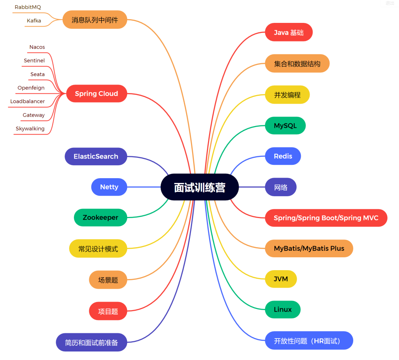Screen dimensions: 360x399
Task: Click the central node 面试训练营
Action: tap(199, 187)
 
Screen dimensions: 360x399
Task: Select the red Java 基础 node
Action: tap(289, 33)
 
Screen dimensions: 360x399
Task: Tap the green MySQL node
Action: tap(285, 126)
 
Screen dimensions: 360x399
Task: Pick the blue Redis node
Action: tap(283, 156)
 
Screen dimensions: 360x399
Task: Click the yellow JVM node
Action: tap(281, 279)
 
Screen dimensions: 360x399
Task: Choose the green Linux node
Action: tap(283, 309)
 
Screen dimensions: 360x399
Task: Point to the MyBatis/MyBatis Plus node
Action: tap(309, 248)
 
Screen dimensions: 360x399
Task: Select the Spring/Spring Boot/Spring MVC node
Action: tap(326, 218)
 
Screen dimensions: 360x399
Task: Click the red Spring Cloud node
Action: tap(96, 94)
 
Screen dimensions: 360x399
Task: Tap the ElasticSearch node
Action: tap(96, 156)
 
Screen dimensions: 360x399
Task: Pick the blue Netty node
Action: tap(109, 187)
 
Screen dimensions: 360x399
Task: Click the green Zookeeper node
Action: tap(100, 218)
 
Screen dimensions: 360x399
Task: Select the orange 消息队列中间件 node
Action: tap(95, 20)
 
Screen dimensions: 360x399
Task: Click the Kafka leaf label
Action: tap(34, 21)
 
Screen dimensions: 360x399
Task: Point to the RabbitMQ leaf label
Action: tap(28, 7)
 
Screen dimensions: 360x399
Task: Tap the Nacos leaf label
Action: tap(37, 47)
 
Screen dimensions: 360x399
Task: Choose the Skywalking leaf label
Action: tap(30, 129)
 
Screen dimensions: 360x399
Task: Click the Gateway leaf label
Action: tap(34, 115)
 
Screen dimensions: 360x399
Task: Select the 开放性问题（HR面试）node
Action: tap(309, 341)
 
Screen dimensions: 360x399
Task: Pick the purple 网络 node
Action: tap(281, 187)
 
